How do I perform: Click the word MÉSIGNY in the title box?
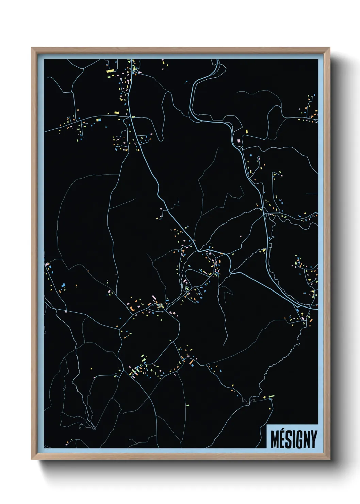point(294,440)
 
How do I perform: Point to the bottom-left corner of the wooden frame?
point(32,459)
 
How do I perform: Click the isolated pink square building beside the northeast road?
point(239,140)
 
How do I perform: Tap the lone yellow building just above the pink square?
point(246,131)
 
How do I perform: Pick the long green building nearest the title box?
point(271,396)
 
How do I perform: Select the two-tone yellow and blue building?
point(99,120)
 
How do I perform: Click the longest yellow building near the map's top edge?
point(110,71)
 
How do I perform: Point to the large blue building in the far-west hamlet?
point(63,285)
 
